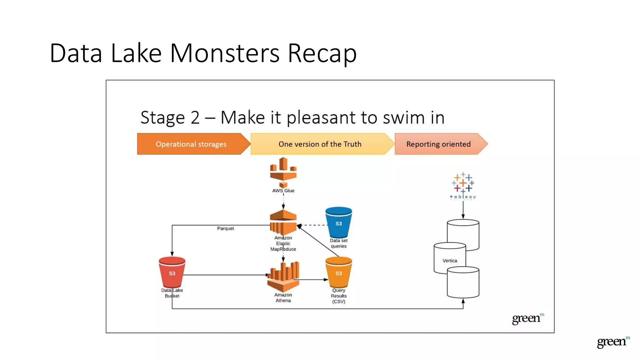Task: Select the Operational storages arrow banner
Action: (x=191, y=144)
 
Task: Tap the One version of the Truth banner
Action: (x=320, y=144)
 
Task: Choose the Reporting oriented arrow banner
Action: (x=438, y=144)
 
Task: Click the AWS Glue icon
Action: (x=283, y=172)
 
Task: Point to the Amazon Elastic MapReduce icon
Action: (x=283, y=222)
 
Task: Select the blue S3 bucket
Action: (x=338, y=222)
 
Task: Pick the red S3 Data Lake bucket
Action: (x=172, y=272)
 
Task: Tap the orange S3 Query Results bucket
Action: (x=338, y=272)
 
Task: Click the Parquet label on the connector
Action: (x=225, y=228)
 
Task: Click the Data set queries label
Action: (x=339, y=243)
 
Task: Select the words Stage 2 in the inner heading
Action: (x=170, y=118)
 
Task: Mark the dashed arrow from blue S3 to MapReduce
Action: (x=312, y=225)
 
